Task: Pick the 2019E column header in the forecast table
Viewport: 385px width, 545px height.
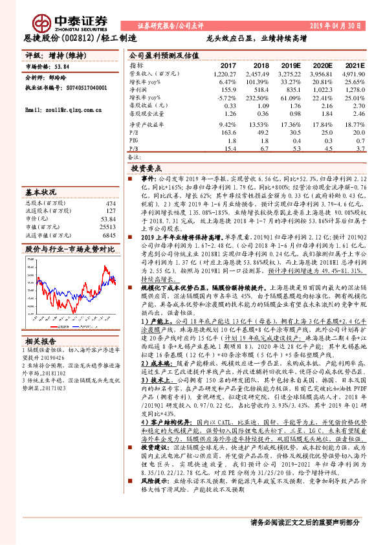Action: (292, 66)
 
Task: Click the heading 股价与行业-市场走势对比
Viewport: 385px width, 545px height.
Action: (69, 249)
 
